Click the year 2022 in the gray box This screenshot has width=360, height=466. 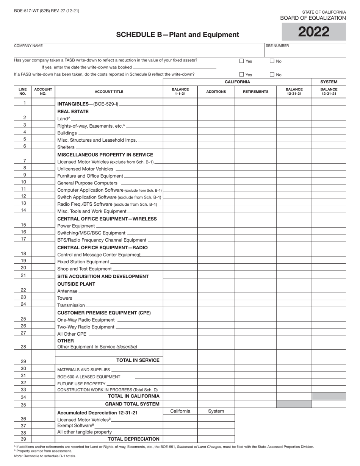tap(313, 32)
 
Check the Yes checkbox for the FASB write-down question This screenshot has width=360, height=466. tap(242, 61)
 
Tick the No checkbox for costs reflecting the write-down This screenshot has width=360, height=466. tap(272, 75)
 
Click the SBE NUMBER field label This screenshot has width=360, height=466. tap(277, 45)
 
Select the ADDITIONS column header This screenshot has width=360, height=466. tap(216, 92)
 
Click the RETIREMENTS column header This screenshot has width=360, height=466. tap(255, 92)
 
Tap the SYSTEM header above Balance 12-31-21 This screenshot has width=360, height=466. tap(329, 82)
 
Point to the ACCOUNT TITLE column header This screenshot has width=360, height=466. tap(109, 92)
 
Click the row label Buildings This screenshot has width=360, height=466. tap(67, 133)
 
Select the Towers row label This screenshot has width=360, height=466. tap(64, 298)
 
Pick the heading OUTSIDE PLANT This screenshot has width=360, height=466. tap(76, 284)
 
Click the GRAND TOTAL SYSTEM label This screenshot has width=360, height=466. tap(132, 404)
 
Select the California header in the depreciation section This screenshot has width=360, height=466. tap(180, 411)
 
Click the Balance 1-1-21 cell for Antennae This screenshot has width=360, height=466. tap(180, 291)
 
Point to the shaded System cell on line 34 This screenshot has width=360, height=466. tap(329, 396)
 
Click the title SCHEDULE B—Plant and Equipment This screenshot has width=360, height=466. tap(177, 35)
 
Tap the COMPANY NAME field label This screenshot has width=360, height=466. tap(28, 45)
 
